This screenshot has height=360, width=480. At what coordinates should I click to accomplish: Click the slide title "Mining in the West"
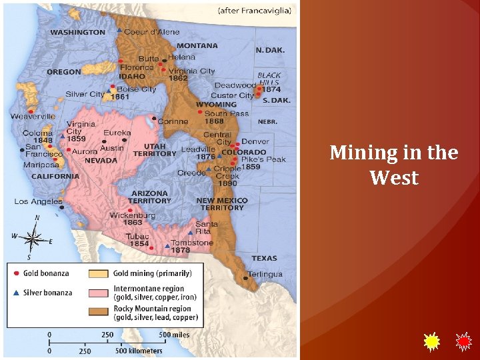[x=394, y=165]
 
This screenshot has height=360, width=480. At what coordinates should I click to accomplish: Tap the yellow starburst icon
[x=432, y=342]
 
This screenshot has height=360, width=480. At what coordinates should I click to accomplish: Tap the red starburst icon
[x=463, y=342]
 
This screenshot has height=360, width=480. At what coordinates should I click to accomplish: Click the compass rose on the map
[x=33, y=236]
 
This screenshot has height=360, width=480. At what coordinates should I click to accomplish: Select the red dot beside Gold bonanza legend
[x=16, y=273]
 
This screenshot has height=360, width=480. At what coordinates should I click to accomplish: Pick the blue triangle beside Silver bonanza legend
[x=16, y=293]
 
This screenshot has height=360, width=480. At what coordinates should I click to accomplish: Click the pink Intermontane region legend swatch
[x=99, y=293]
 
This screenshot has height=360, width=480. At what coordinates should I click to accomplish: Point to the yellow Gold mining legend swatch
[x=99, y=273]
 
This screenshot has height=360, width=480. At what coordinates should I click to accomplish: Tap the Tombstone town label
[x=192, y=243]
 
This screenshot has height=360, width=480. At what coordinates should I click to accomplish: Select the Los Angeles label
[x=38, y=201]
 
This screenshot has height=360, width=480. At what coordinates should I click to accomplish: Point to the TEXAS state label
[x=264, y=258]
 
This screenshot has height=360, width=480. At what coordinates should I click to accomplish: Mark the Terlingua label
[x=265, y=274]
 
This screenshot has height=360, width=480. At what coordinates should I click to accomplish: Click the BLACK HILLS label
[x=269, y=79]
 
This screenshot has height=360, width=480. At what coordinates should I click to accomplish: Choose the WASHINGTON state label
[x=77, y=32]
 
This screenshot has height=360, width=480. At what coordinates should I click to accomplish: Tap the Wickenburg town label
[x=132, y=215]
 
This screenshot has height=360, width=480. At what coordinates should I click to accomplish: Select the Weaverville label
[x=33, y=117]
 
